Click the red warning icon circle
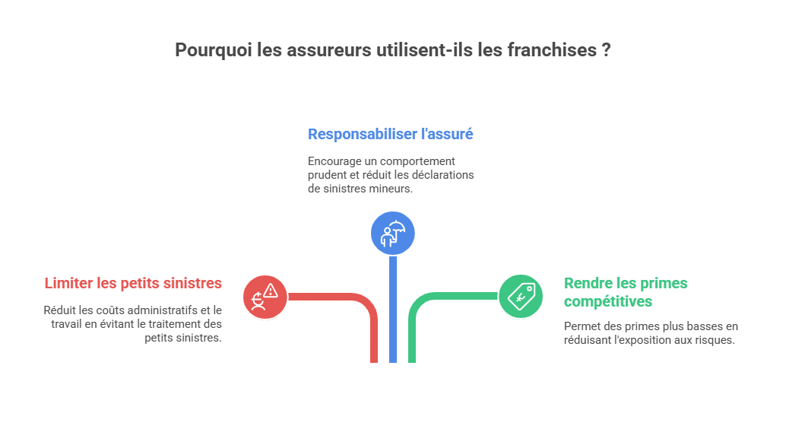coord(265,296)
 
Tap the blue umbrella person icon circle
coord(393,233)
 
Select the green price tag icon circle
coord(521,296)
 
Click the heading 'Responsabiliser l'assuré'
coord(390,134)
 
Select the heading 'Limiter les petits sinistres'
coord(133,283)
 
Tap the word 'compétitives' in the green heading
coord(607,301)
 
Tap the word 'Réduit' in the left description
coord(60,310)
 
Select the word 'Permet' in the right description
coord(582,326)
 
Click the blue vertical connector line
coord(393,312)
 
